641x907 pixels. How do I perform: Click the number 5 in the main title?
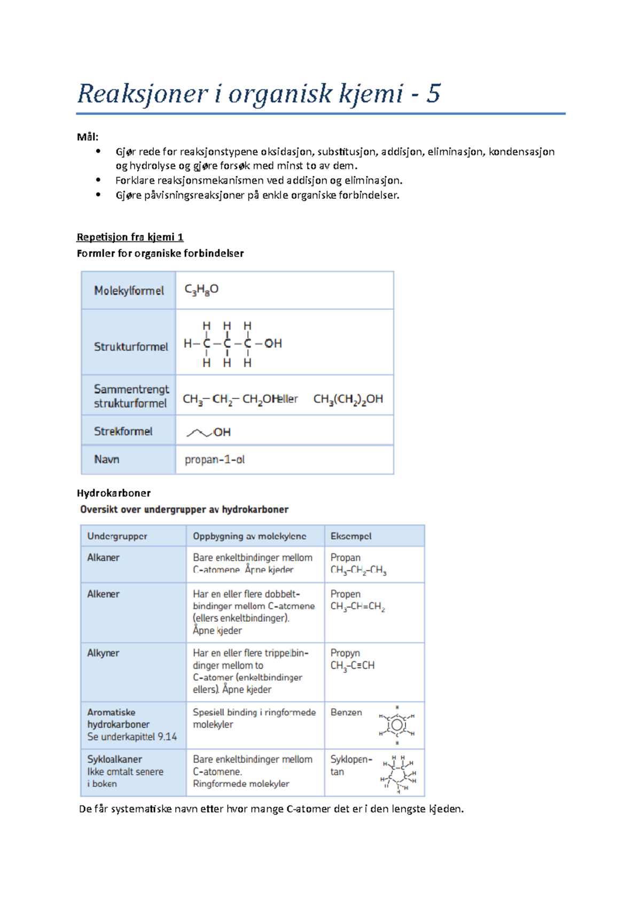433,94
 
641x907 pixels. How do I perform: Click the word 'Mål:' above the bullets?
88,137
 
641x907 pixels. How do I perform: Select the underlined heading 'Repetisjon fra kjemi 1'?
130,237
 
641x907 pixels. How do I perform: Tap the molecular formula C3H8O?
201,290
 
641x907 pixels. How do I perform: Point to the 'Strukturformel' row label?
131,347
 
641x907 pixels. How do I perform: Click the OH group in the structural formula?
273,343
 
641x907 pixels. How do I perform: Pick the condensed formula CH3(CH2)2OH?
348,399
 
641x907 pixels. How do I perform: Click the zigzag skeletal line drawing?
199,432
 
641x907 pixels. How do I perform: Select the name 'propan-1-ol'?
215,459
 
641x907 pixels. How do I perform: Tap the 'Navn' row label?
107,459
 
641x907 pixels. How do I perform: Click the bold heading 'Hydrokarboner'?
114,493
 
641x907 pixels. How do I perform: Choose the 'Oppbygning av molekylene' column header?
249,536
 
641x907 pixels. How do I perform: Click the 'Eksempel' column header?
351,536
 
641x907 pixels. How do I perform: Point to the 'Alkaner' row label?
104,558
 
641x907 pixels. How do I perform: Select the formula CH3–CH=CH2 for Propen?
357,607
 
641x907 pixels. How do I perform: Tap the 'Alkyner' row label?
104,653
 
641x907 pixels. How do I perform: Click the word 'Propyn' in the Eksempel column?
345,653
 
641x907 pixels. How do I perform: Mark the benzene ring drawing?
397,725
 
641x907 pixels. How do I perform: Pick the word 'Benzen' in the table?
346,713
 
